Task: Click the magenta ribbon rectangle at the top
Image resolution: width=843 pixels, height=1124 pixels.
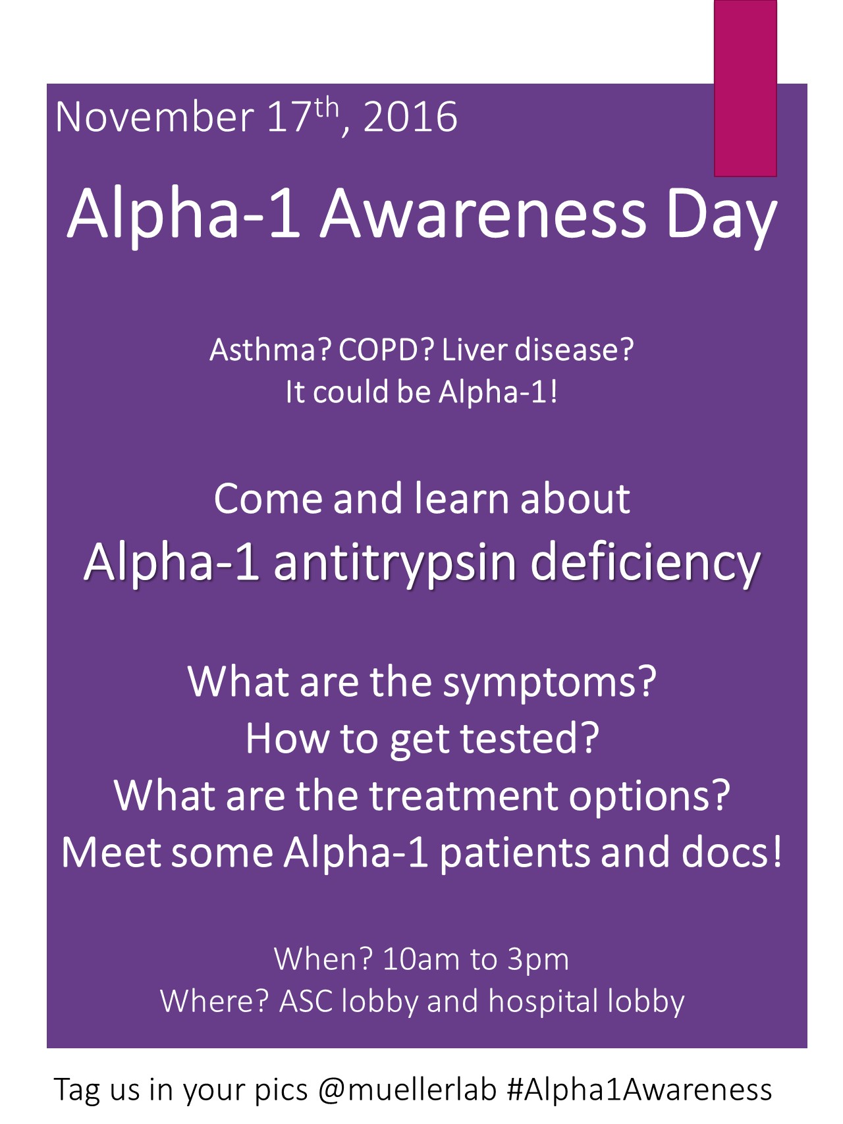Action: (746, 88)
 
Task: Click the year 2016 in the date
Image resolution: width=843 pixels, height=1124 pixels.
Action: (410, 118)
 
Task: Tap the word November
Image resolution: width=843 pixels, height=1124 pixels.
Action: (155, 118)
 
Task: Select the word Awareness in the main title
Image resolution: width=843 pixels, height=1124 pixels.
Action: (483, 214)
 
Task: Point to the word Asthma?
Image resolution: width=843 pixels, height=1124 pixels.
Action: (270, 350)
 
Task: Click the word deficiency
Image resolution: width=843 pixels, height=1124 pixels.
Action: (645, 564)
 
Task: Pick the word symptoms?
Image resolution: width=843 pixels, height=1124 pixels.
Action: (549, 683)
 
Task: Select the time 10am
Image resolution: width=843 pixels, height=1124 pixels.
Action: (420, 959)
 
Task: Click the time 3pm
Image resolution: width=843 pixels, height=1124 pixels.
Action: (537, 961)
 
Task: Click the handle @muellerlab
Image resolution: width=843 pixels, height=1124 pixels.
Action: (407, 1090)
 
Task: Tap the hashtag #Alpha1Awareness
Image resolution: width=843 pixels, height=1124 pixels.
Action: (639, 1090)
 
